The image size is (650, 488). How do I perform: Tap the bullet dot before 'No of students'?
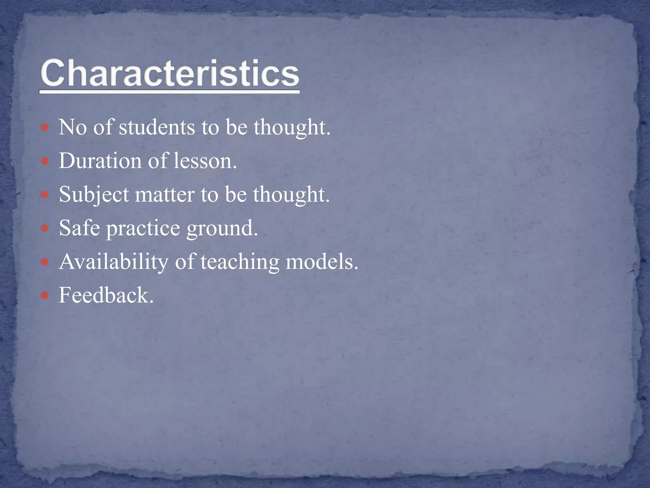click(45, 128)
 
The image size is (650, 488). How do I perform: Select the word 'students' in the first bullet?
click(157, 127)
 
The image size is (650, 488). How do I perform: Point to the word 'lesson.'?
click(205, 161)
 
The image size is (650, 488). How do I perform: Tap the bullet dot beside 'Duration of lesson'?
click(45, 161)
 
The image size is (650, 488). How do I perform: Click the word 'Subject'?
click(94, 194)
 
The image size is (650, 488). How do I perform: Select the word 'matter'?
click(165, 194)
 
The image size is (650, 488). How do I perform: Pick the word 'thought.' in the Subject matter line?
click(291, 194)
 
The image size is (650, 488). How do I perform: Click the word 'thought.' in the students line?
click(292, 127)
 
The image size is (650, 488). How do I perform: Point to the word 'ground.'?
click(222, 228)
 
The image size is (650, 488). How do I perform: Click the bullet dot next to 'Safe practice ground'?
click(45, 228)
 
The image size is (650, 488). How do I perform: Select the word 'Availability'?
click(114, 262)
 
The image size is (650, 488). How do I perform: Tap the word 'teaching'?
click(240, 262)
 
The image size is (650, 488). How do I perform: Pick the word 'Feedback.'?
click(106, 295)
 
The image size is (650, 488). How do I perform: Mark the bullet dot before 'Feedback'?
click(45, 296)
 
